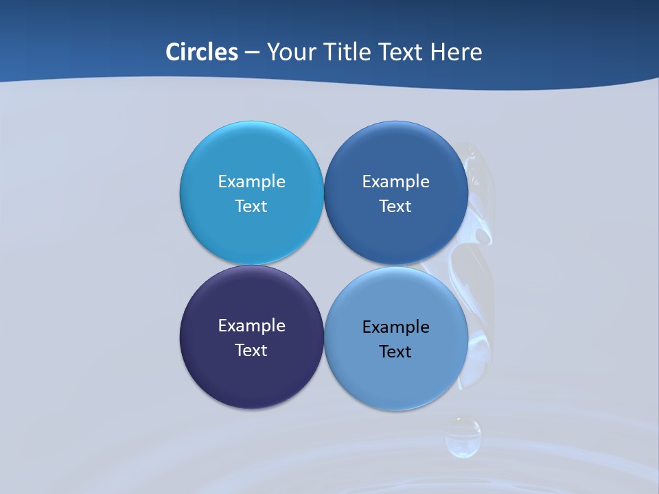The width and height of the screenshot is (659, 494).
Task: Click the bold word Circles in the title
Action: tap(201, 52)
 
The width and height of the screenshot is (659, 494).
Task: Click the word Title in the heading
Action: tap(347, 52)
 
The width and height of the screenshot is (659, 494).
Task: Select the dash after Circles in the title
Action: tap(251, 52)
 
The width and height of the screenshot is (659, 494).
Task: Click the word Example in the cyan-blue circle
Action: tap(251, 181)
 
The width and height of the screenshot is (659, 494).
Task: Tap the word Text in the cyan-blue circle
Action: tap(251, 206)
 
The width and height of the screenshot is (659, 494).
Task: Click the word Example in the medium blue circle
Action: tap(395, 181)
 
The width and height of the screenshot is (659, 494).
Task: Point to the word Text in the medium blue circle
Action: tap(395, 206)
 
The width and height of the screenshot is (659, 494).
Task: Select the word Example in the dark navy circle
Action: tap(251, 325)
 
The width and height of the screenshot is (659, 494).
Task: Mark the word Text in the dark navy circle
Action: tap(251, 350)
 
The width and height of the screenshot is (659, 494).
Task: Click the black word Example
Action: tap(395, 327)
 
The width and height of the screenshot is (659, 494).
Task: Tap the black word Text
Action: tap(395, 351)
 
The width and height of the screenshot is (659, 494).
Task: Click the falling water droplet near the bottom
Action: tap(463, 437)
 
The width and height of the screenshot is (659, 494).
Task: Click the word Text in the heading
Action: tap(401, 52)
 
